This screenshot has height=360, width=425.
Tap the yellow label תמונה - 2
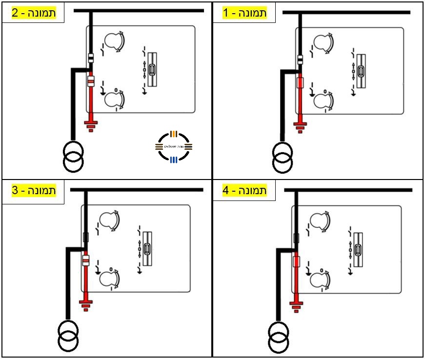pos(34,13)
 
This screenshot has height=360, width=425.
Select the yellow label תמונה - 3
pos(34,190)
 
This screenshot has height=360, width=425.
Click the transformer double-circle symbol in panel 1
pos(283,157)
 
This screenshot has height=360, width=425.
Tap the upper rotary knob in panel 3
pos(109,220)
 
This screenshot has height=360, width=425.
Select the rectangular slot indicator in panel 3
pos(148,249)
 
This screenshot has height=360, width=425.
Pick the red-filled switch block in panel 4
pos(296,261)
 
